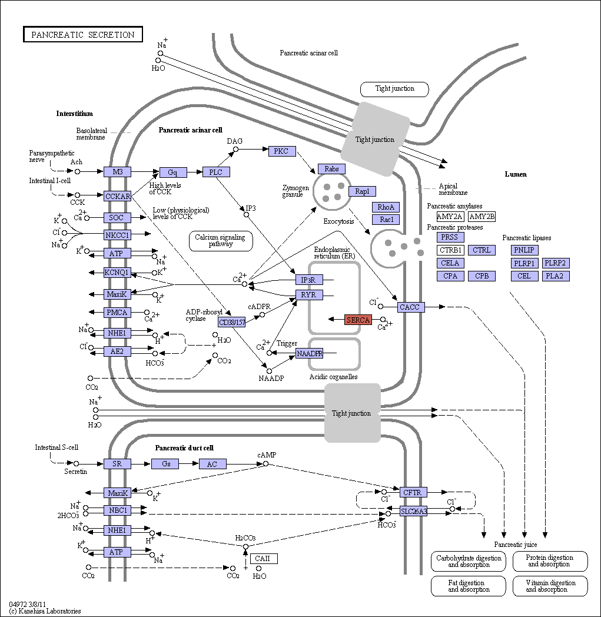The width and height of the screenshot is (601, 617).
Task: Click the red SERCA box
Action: (358, 320)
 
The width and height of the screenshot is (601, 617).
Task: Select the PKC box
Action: (281, 151)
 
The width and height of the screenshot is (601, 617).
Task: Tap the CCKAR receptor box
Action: (117, 196)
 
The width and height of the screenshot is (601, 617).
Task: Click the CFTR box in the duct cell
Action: (413, 492)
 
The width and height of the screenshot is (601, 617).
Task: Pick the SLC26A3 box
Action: (413, 511)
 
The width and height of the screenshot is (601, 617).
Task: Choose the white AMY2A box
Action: (450, 217)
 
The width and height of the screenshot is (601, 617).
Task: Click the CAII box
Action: (264, 558)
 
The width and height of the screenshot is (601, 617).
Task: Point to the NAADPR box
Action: (309, 353)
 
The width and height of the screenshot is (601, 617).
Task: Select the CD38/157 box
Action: (232, 322)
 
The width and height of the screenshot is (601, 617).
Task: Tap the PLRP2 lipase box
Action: (555, 263)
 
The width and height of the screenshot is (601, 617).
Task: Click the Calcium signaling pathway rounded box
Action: (221, 241)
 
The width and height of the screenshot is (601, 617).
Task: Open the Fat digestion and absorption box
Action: (469, 586)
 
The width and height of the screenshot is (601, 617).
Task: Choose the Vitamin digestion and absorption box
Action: (550, 586)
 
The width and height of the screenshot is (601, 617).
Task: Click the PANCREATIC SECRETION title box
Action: (82, 34)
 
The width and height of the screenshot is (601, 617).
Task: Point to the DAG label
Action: (234, 141)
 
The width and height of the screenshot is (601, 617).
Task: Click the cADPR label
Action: (259, 307)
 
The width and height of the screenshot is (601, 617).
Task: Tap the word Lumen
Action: (516, 174)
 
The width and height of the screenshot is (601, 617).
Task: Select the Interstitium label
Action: (74, 113)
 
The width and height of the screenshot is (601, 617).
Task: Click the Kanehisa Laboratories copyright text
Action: (45, 611)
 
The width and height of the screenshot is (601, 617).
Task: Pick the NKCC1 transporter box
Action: (117, 235)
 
